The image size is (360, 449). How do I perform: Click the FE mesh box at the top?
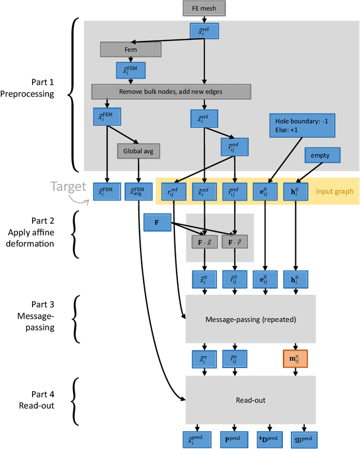[x=203, y=8]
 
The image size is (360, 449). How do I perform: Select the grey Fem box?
[x=130, y=49]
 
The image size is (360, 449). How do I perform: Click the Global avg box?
[x=138, y=151]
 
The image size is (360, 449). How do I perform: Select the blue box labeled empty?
[x=321, y=155]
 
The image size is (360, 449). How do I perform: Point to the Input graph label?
[x=334, y=191]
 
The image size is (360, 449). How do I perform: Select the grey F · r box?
[x=235, y=242]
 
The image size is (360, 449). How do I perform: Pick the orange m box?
[x=295, y=358]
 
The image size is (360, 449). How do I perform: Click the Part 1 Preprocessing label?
[x=35, y=88]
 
